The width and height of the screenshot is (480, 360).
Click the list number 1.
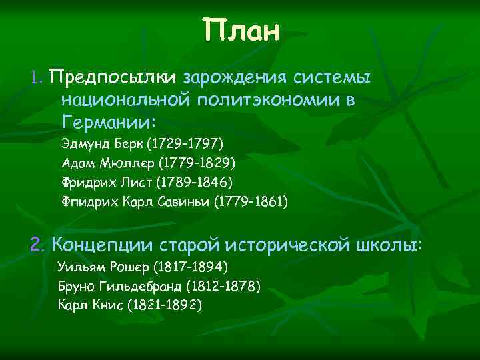[x=36, y=79]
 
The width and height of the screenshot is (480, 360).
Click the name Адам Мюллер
[x=99, y=162]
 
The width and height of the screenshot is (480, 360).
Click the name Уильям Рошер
[x=103, y=267]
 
